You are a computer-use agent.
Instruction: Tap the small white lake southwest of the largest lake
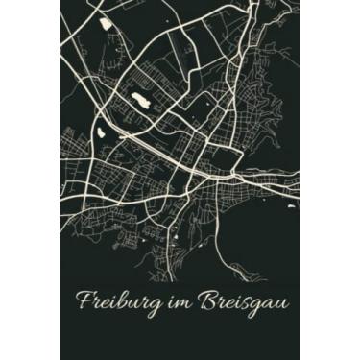[124, 134]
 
